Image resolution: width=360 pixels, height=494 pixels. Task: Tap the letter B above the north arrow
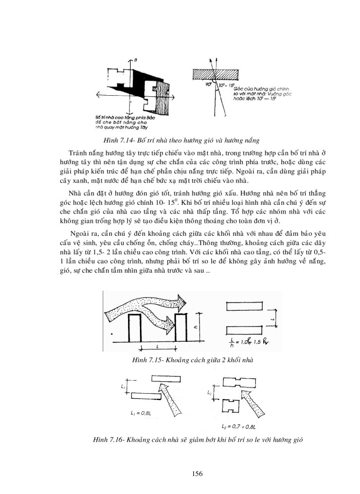135,61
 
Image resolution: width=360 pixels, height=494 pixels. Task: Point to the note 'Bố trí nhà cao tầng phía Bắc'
120,118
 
